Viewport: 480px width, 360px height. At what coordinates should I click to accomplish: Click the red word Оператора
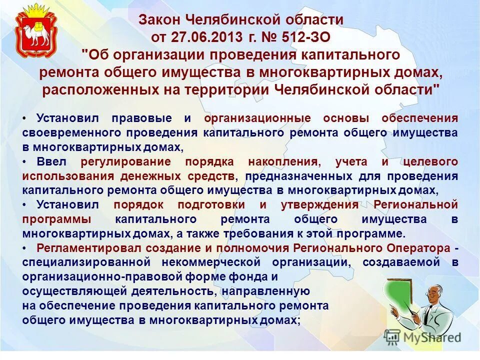(x=420, y=248)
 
